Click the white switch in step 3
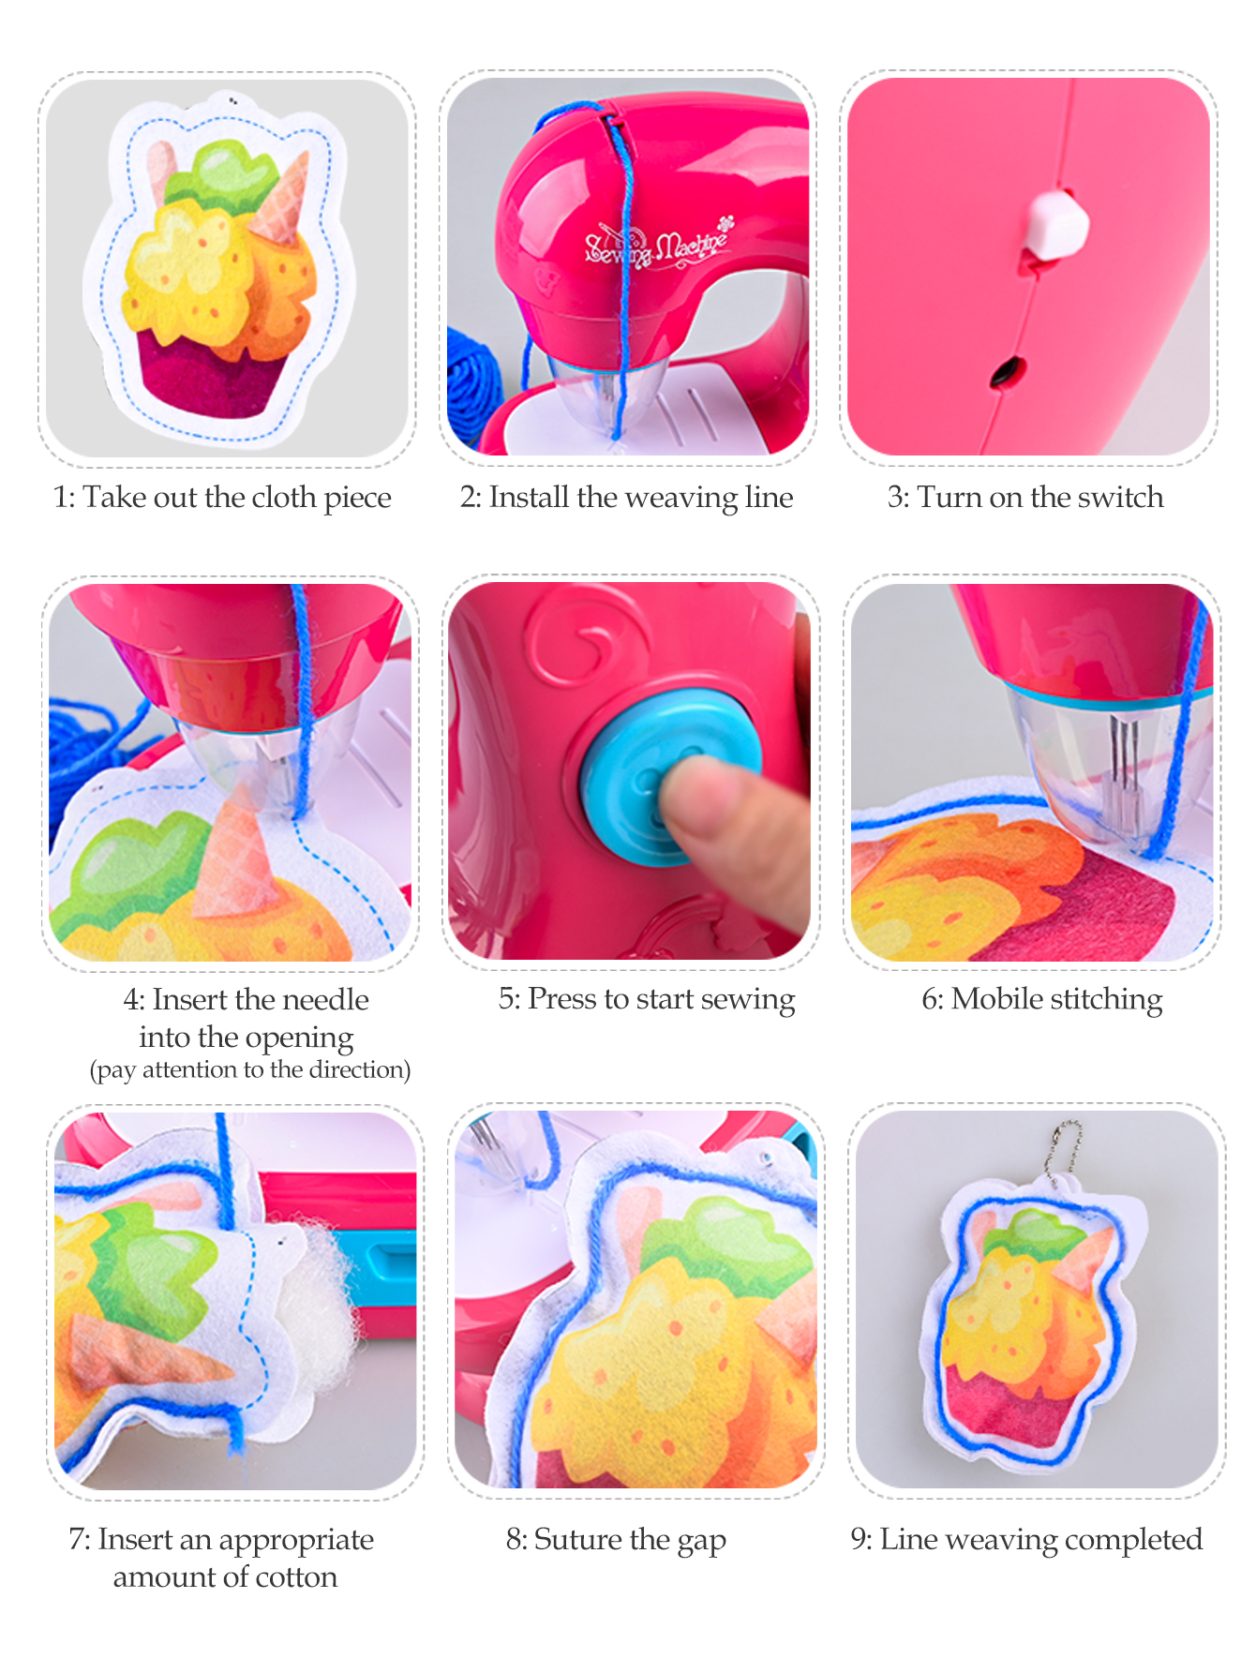click(1055, 225)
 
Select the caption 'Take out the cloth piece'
click(237, 498)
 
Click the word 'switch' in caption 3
click(1120, 497)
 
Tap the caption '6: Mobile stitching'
click(1041, 999)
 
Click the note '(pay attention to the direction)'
click(250, 1069)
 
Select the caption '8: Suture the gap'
click(616, 1539)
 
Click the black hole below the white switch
click(1008, 371)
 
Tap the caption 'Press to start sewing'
click(662, 999)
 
